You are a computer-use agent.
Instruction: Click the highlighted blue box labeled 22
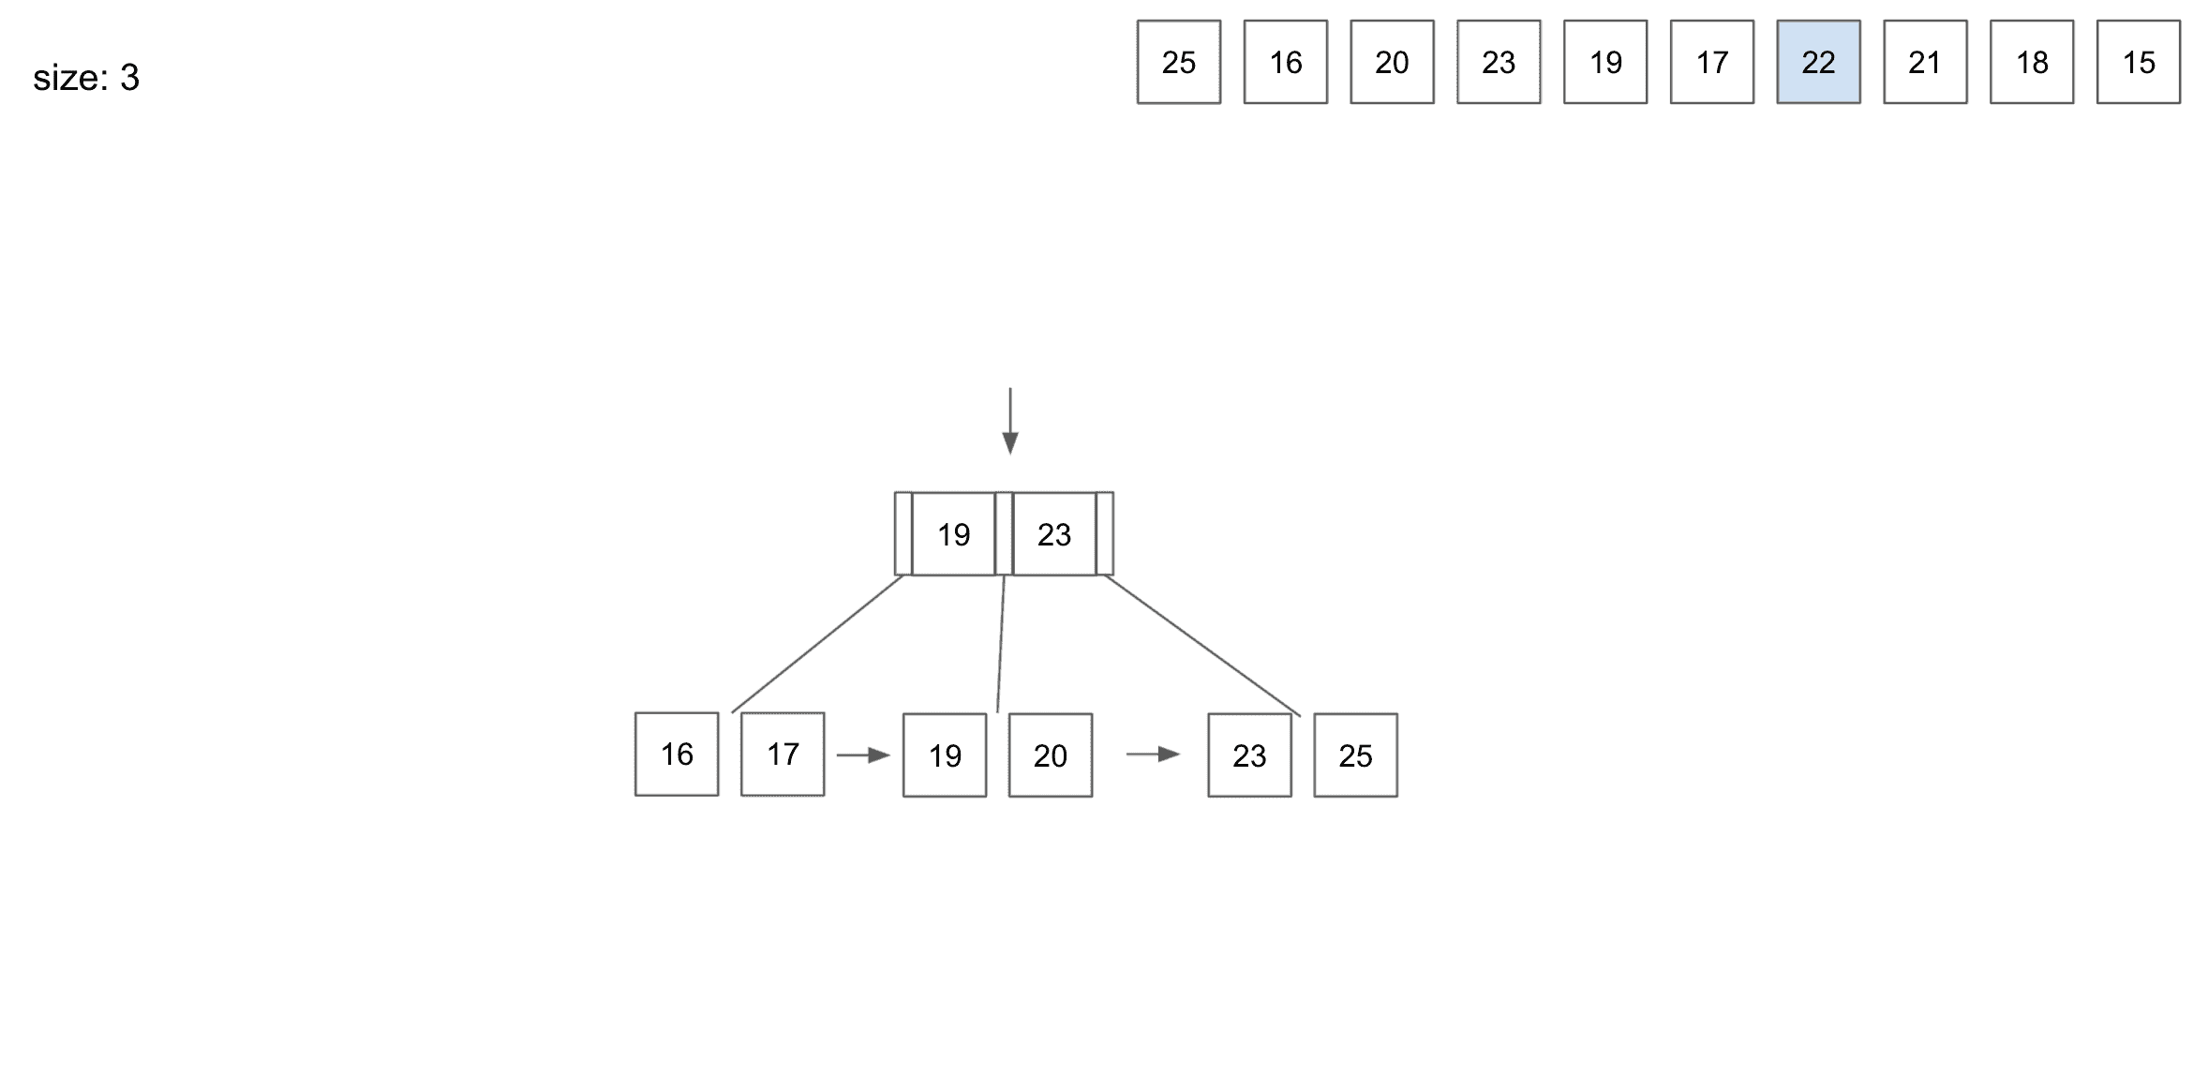[1818, 62]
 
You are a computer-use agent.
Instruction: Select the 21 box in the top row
[1925, 62]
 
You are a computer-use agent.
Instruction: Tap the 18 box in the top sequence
[2032, 62]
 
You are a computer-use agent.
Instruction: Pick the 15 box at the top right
[2139, 62]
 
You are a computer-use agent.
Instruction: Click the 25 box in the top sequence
[1179, 62]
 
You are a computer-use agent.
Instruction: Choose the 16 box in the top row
[1286, 62]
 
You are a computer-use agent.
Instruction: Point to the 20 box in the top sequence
[1392, 62]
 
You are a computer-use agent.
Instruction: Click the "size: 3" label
[86, 78]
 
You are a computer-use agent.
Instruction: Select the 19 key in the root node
[953, 534]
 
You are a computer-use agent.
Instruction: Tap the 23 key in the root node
[1054, 534]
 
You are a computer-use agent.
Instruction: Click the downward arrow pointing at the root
[1010, 421]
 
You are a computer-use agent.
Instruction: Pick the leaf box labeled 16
[677, 755]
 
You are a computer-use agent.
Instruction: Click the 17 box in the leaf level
[783, 755]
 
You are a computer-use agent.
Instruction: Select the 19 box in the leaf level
[945, 755]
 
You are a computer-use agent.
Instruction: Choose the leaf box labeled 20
[1051, 755]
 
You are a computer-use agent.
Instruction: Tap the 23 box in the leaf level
[1249, 755]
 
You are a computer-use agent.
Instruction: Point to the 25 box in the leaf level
[1355, 755]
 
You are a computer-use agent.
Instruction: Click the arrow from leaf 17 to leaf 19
[863, 755]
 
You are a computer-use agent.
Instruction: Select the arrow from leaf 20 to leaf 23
[1153, 755]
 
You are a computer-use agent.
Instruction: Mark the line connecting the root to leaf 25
[1202, 646]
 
